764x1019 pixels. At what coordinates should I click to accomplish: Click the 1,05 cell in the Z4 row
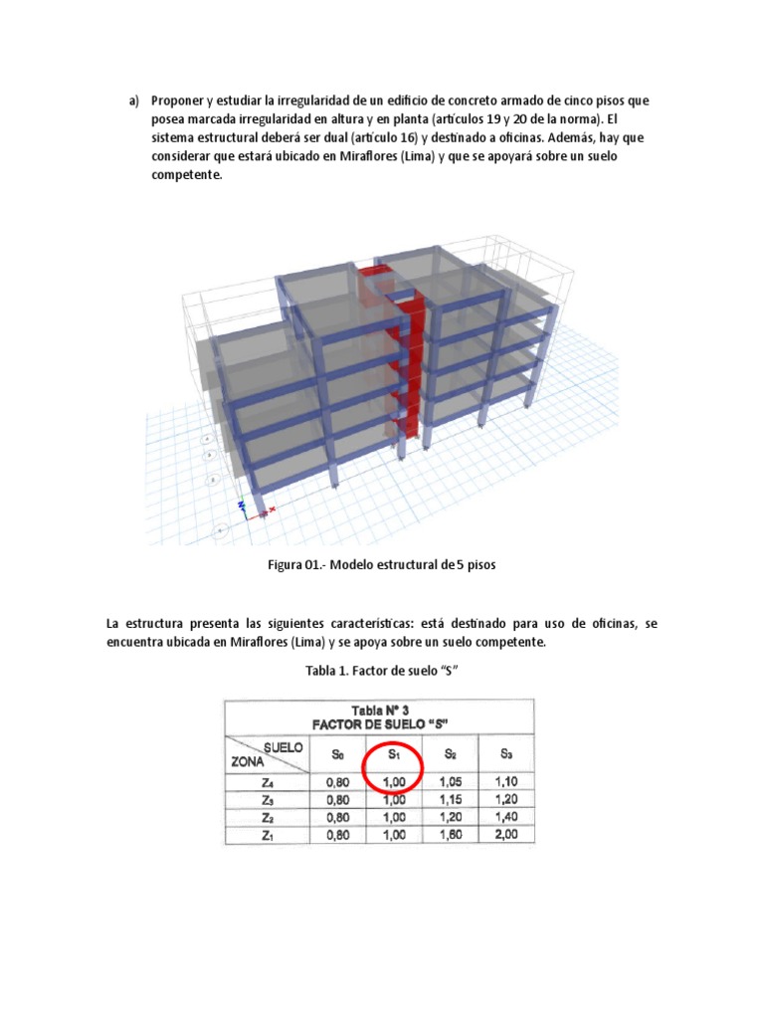(x=450, y=781)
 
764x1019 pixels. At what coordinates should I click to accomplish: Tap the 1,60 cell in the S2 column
(x=450, y=835)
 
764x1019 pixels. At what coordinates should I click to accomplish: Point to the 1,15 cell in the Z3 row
(x=450, y=799)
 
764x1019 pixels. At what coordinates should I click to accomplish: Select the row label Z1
(x=268, y=835)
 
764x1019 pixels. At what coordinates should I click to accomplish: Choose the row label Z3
(x=268, y=799)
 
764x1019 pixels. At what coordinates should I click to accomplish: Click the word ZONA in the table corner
(x=252, y=763)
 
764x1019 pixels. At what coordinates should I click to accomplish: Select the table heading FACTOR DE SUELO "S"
(x=379, y=723)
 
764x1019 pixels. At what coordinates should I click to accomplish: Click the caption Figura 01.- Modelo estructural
(x=381, y=564)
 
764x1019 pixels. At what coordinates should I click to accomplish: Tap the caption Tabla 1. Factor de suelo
(x=381, y=672)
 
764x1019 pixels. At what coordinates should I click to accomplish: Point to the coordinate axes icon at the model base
(x=244, y=507)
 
